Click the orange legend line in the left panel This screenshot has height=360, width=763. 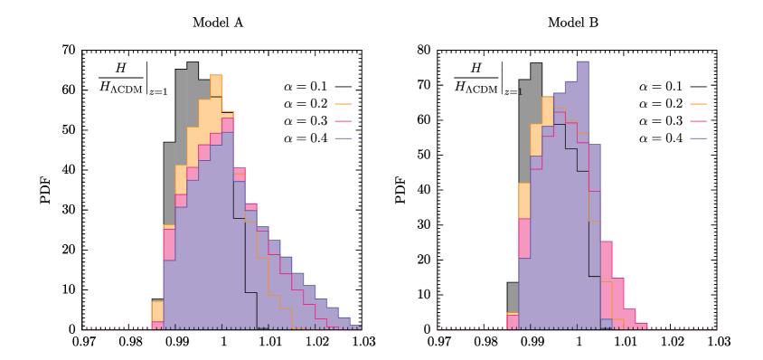pyautogui.click(x=343, y=104)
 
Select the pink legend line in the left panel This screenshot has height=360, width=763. pyautogui.click(x=343, y=121)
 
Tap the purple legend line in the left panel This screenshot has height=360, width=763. pyautogui.click(x=343, y=138)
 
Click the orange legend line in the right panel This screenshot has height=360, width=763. pyautogui.click(x=698, y=104)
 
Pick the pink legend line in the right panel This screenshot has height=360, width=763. pyautogui.click(x=698, y=121)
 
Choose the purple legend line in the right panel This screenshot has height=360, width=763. pyautogui.click(x=698, y=138)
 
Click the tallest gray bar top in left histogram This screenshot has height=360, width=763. pyautogui.click(x=193, y=64)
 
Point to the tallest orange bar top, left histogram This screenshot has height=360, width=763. pyautogui.click(x=216, y=76)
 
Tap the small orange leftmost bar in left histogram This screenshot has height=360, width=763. pyautogui.click(x=157, y=310)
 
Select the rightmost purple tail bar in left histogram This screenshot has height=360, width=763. pyautogui.click(x=355, y=327)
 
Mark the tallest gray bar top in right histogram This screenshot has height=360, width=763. pyautogui.click(x=536, y=65)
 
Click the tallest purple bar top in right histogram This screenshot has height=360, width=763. pyautogui.click(x=583, y=62)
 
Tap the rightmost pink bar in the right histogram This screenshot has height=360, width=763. pyautogui.click(x=641, y=326)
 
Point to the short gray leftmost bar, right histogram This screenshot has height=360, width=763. pyautogui.click(x=513, y=297)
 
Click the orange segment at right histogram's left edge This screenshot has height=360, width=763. pyautogui.click(x=524, y=200)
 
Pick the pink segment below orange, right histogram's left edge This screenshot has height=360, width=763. pyautogui.click(x=524, y=238)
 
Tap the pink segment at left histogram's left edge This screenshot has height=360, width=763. pyautogui.click(x=169, y=244)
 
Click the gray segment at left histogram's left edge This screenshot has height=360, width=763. pyautogui.click(x=169, y=181)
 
